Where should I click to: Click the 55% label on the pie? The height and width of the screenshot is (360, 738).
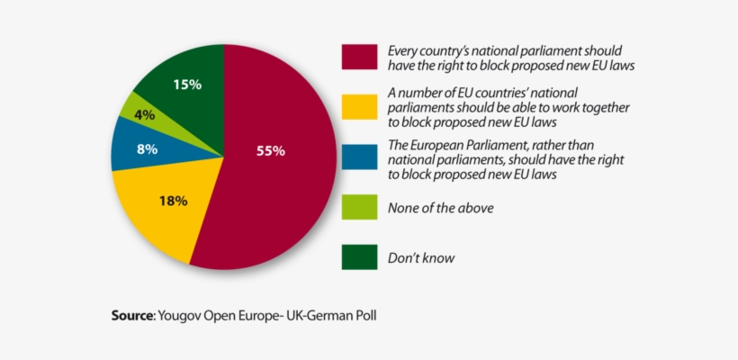tap(270, 151)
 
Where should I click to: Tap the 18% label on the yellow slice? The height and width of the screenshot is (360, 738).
tap(172, 201)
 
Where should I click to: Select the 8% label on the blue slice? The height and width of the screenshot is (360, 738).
tap(147, 149)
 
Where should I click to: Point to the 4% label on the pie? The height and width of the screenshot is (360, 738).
tap(145, 115)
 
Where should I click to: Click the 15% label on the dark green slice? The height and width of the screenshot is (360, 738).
tap(186, 84)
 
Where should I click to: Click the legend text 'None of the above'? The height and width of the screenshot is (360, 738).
tap(440, 208)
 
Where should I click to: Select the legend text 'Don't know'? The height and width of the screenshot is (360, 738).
tap(420, 258)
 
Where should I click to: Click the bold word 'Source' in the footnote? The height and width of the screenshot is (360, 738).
tap(132, 316)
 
